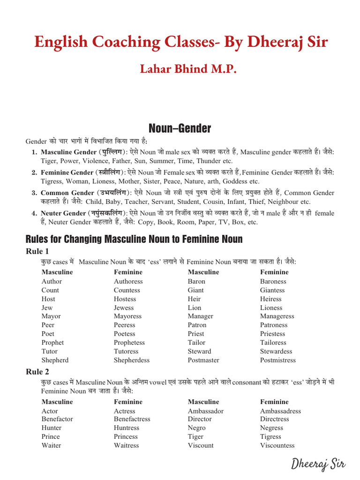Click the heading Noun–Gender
point(180,128)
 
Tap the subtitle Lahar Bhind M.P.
point(188,69)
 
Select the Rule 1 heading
point(37,252)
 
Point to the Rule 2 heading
point(37,372)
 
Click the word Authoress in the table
point(128,281)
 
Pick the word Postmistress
point(278,360)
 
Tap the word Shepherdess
point(132,360)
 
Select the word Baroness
point(273,281)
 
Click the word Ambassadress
point(281,411)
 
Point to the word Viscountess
point(277,445)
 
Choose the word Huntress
point(127,427)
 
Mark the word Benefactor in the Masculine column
point(57,419)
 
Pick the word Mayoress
point(127,316)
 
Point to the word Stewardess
point(277,351)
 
